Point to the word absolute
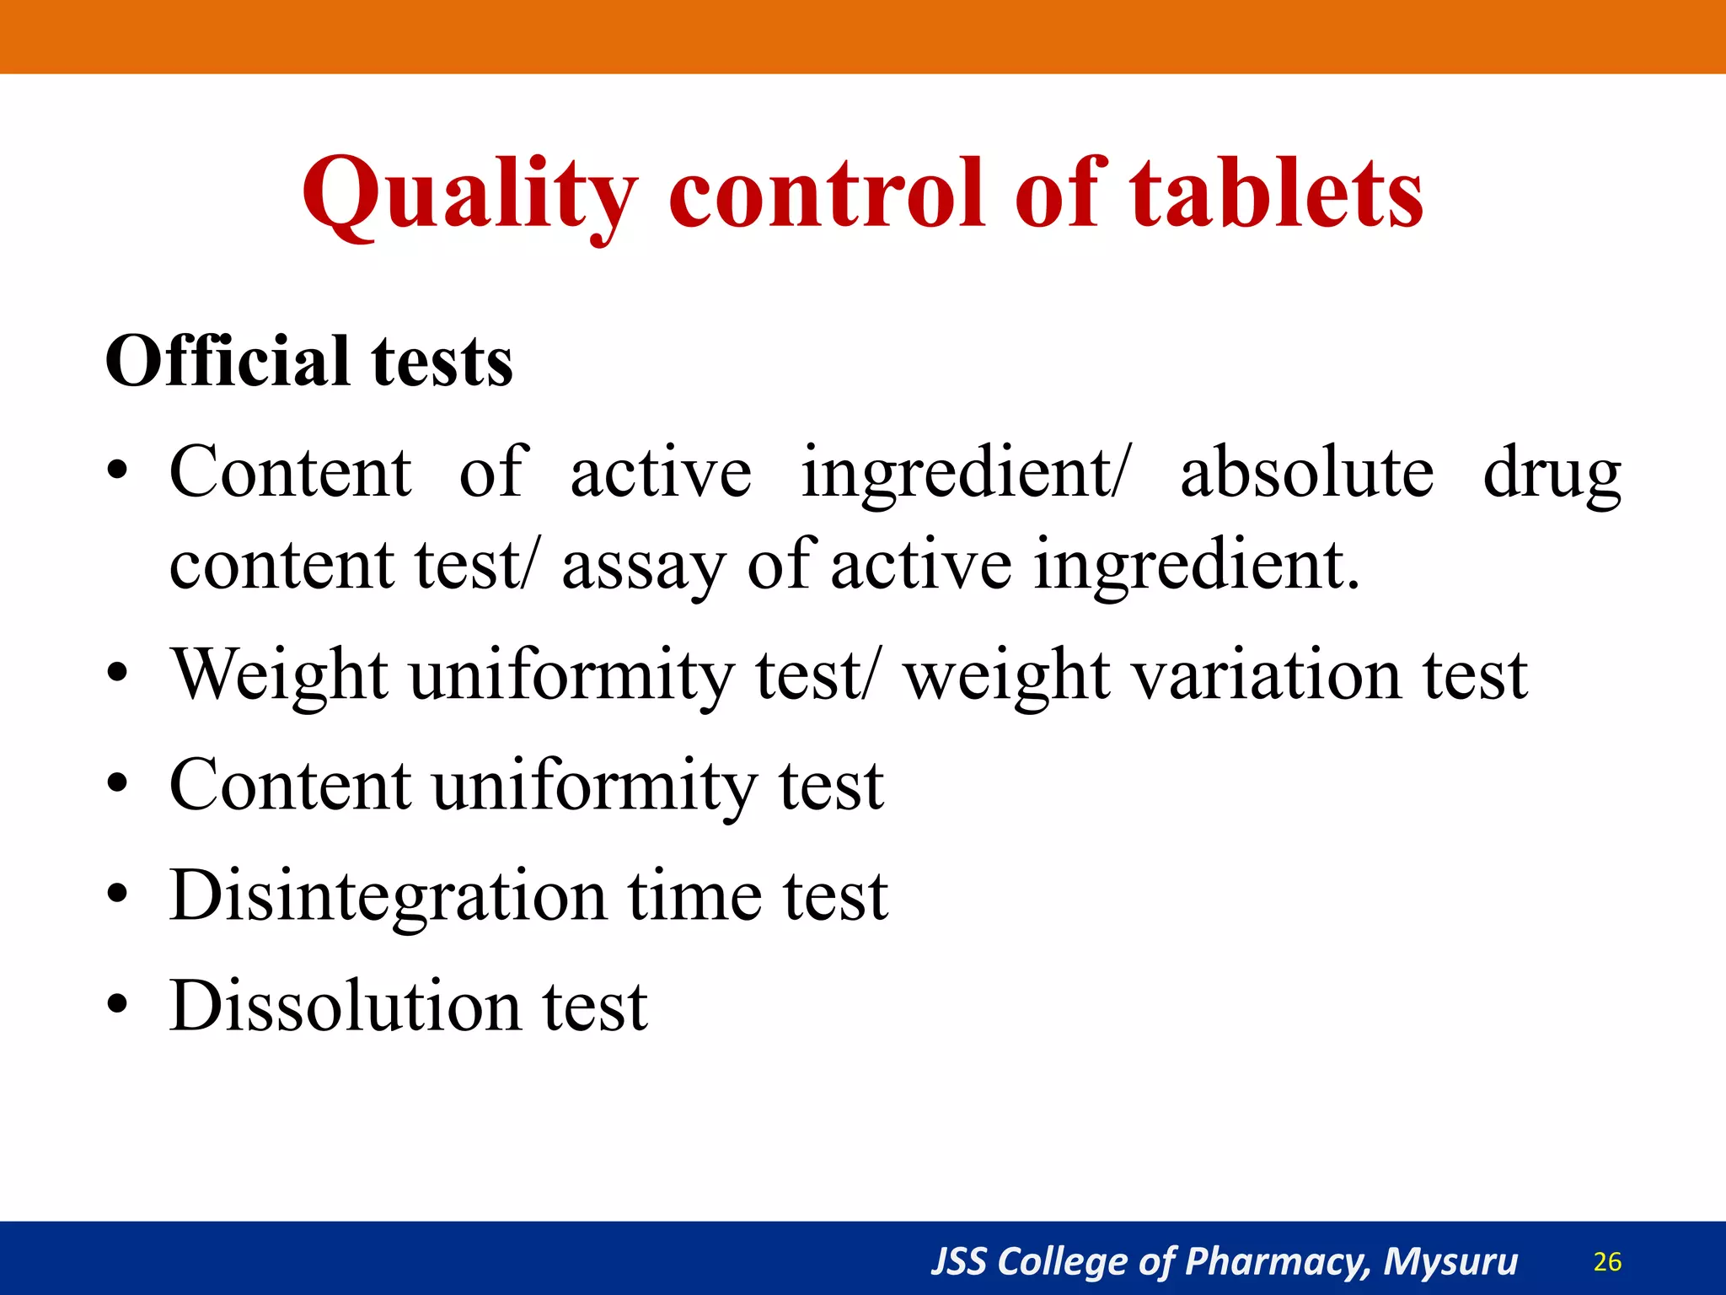[x=1306, y=472]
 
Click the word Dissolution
[x=345, y=1006]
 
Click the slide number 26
[x=1607, y=1261]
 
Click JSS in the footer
[x=958, y=1261]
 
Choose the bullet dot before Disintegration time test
[x=118, y=895]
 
